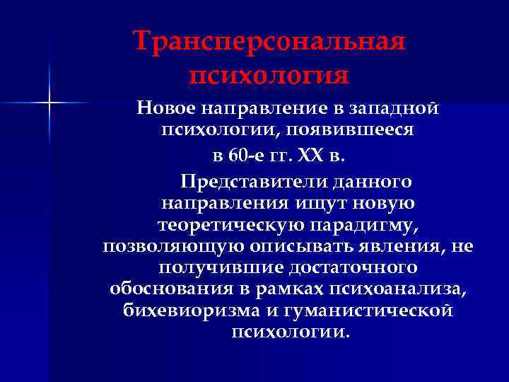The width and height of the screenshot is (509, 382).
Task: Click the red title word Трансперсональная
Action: tap(269, 41)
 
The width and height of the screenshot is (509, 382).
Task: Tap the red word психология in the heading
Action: tap(269, 74)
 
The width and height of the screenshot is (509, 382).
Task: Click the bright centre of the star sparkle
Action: tap(49, 104)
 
